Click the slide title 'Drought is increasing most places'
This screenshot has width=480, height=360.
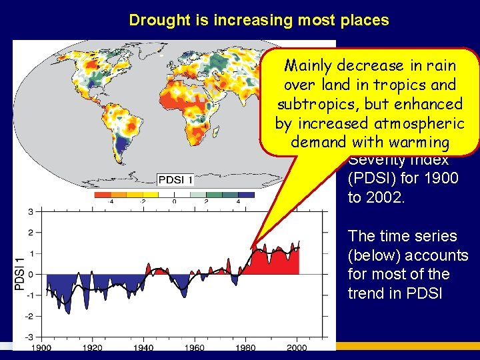click(x=259, y=20)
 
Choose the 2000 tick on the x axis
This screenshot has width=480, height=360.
click(x=297, y=347)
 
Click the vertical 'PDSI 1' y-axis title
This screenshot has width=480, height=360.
click(x=19, y=273)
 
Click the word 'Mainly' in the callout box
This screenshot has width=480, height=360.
click(x=309, y=66)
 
